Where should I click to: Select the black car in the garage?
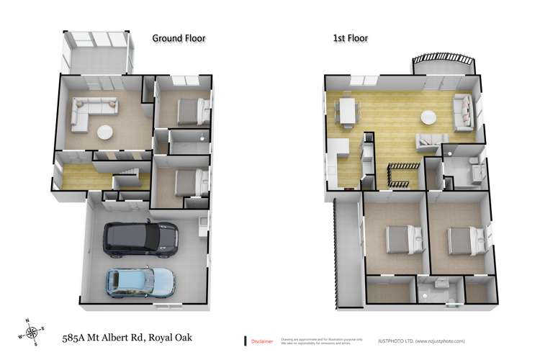click(x=141, y=239)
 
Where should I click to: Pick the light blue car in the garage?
click(x=141, y=282)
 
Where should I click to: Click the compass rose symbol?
click(x=33, y=333)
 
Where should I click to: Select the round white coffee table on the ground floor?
click(x=105, y=132)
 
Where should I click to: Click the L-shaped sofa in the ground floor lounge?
click(x=86, y=115)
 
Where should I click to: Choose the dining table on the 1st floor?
click(x=348, y=112)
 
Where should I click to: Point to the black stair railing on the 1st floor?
click(x=400, y=174)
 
